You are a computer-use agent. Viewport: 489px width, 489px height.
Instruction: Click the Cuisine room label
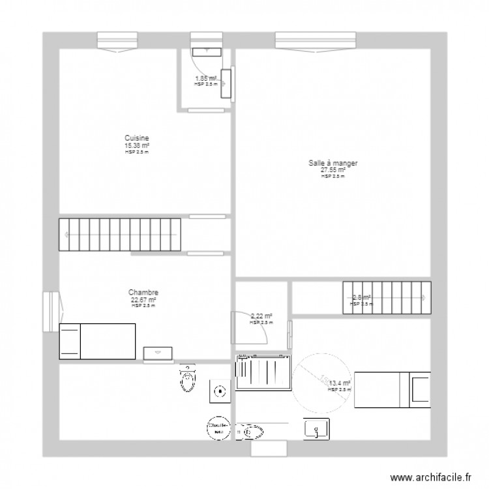click(x=137, y=138)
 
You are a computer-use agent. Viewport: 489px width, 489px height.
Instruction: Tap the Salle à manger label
click(x=333, y=164)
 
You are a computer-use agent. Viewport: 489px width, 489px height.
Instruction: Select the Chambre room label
click(x=143, y=293)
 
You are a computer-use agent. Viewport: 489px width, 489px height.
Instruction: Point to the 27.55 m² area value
click(x=333, y=170)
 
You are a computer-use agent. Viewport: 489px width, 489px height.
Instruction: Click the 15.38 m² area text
click(x=137, y=145)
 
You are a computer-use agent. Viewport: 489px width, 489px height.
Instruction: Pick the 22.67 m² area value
click(x=143, y=300)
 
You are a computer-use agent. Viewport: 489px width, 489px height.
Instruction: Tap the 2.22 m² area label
click(x=261, y=316)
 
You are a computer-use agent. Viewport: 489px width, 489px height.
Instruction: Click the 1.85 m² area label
click(x=206, y=78)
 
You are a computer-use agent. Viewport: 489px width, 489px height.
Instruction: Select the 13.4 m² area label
click(x=340, y=383)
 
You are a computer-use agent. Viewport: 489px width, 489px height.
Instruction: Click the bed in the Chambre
click(x=97, y=341)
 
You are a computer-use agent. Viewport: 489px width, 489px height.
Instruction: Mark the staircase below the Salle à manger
click(x=387, y=298)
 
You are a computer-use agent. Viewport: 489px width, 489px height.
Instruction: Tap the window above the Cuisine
click(x=119, y=40)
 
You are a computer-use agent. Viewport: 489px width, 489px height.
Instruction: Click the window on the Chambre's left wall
click(x=51, y=312)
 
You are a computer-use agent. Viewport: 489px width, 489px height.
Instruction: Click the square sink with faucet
click(x=318, y=428)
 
